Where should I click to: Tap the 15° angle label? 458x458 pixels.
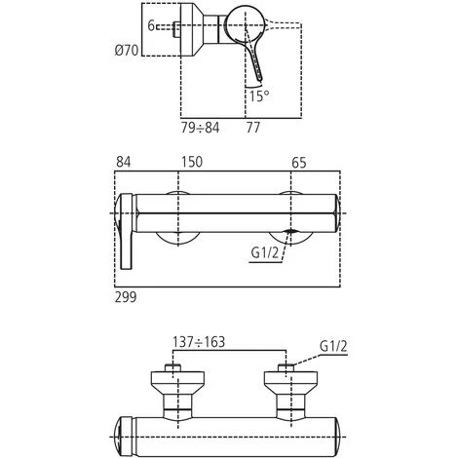258,96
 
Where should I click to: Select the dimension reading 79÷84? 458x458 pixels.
200,125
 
